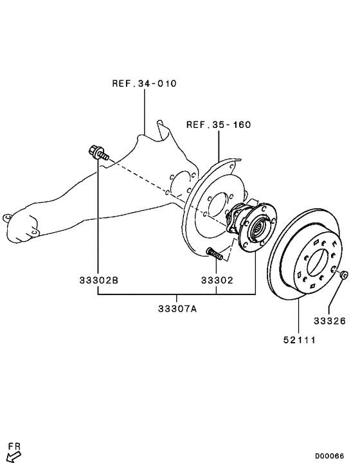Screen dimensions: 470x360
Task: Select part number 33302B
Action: click(x=99, y=281)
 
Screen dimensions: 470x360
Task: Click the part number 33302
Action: click(x=217, y=281)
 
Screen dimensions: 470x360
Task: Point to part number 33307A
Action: click(x=177, y=309)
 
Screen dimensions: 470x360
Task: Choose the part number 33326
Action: click(x=330, y=320)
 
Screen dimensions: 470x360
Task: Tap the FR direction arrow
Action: click(x=12, y=457)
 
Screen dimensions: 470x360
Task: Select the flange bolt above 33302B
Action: click(x=97, y=153)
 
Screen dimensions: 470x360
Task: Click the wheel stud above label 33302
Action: click(x=215, y=254)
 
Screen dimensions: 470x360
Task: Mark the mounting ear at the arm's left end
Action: click(x=8, y=217)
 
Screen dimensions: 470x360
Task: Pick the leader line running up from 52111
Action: click(x=299, y=315)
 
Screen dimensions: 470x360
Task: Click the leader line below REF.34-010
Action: click(x=145, y=109)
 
